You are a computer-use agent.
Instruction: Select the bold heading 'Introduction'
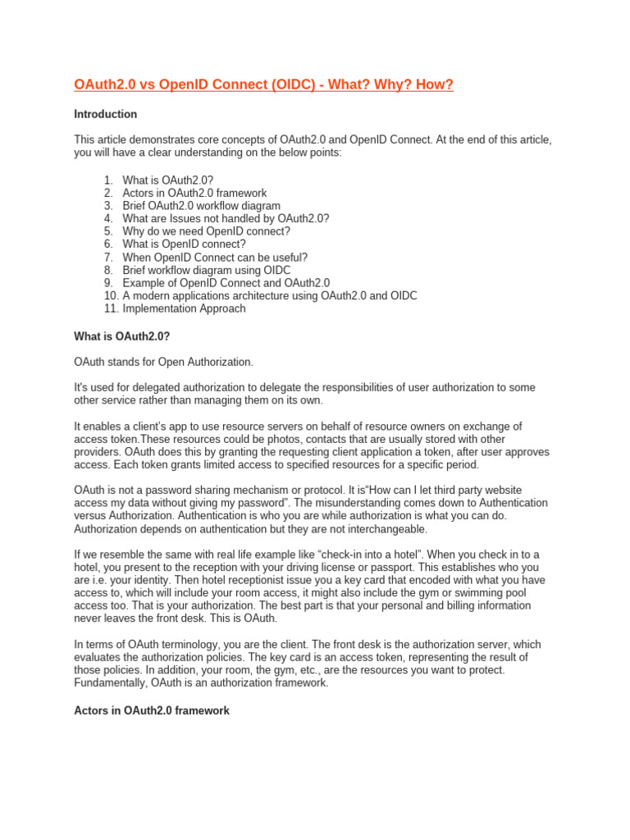point(105,114)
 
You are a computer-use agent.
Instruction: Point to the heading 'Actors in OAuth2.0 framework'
point(152,710)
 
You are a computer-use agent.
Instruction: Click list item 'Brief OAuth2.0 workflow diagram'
point(201,206)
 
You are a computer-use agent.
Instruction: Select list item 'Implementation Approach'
point(184,308)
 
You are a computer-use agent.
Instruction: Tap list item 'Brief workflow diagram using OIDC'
point(206,270)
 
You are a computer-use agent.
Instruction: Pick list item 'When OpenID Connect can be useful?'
point(215,257)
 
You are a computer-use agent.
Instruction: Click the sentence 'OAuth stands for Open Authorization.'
point(164,362)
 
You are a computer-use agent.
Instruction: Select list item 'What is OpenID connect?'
point(184,244)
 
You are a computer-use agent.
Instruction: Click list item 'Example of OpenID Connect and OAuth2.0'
point(226,283)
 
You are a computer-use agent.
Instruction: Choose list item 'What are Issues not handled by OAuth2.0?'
point(226,219)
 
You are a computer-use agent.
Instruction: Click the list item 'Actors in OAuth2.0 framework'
point(195,194)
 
